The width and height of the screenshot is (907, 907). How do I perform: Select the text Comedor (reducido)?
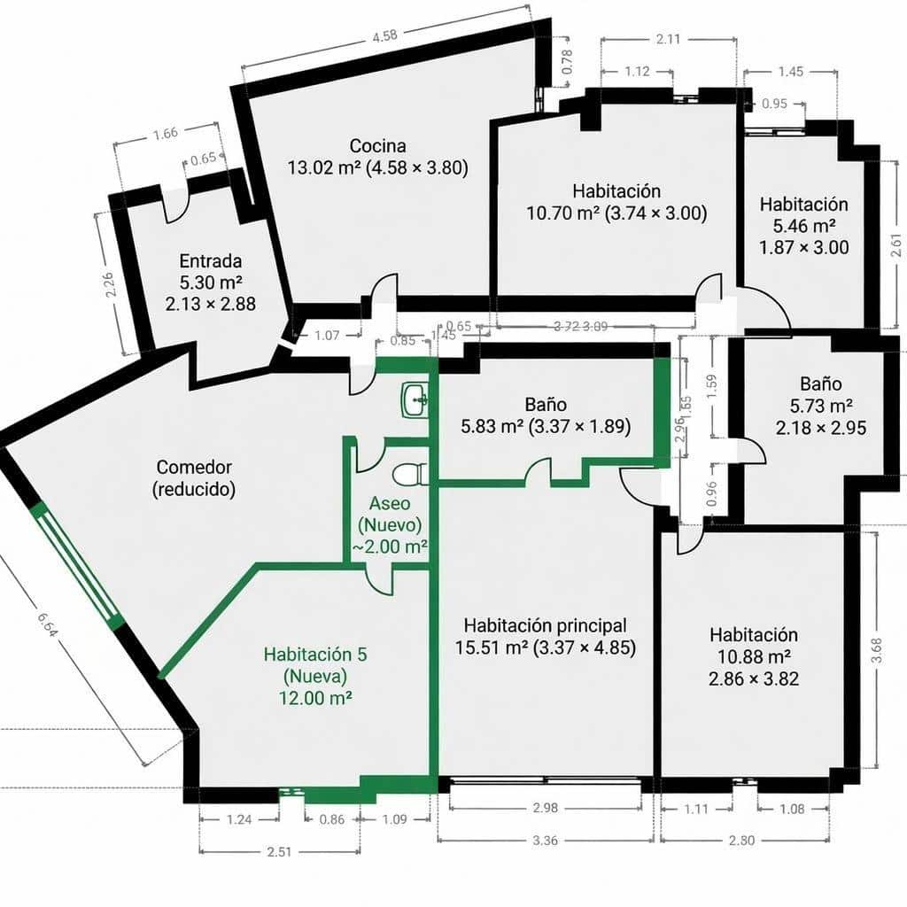[x=194, y=477]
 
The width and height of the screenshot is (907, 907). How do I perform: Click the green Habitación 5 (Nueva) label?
[x=315, y=675]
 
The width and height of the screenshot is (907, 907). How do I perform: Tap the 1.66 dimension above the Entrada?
[x=165, y=134]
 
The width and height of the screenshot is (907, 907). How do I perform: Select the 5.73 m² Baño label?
[x=821, y=406]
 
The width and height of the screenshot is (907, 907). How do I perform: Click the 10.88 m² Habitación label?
[x=753, y=657]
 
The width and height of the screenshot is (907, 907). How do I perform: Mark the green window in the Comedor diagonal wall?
[x=77, y=563]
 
